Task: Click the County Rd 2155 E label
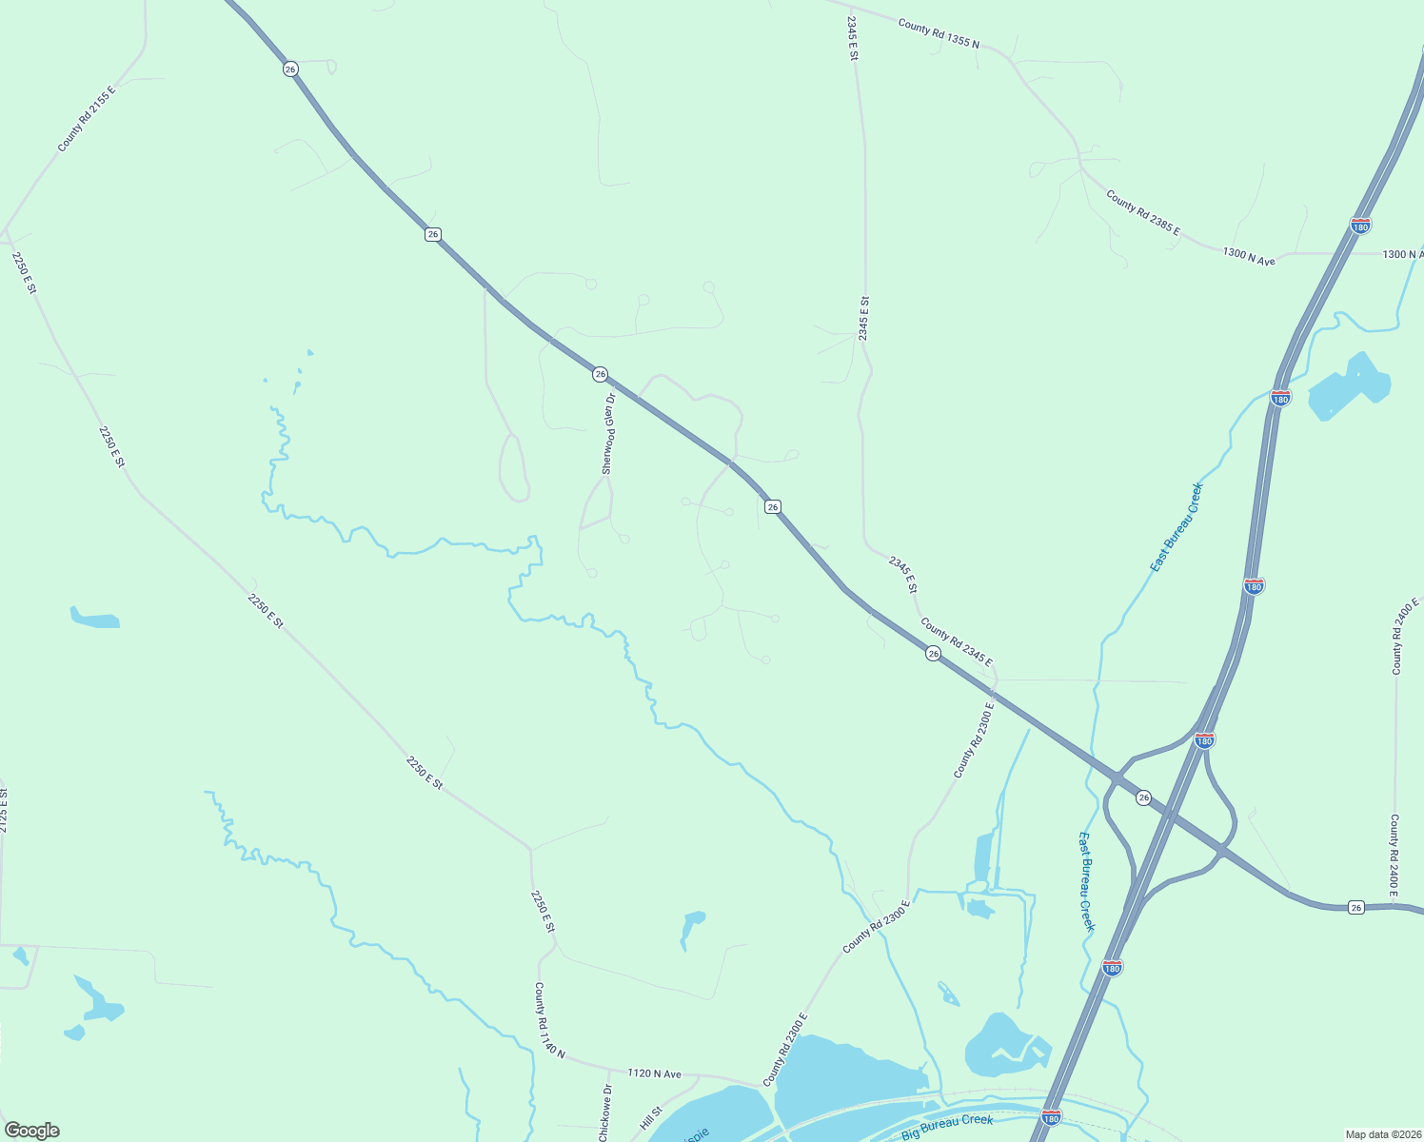(86, 119)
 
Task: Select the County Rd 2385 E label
(1142, 213)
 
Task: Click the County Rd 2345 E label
(956, 642)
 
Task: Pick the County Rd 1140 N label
(548, 1021)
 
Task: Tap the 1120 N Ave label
(654, 1073)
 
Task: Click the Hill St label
(651, 1118)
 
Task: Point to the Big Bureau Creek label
(947, 1127)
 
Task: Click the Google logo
(31, 1131)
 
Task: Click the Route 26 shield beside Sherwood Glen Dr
(600, 374)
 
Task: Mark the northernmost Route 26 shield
(290, 69)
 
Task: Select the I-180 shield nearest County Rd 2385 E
(1360, 226)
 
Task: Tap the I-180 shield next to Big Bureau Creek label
(1051, 1114)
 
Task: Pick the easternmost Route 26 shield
(1356, 908)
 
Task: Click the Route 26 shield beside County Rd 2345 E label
(933, 653)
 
